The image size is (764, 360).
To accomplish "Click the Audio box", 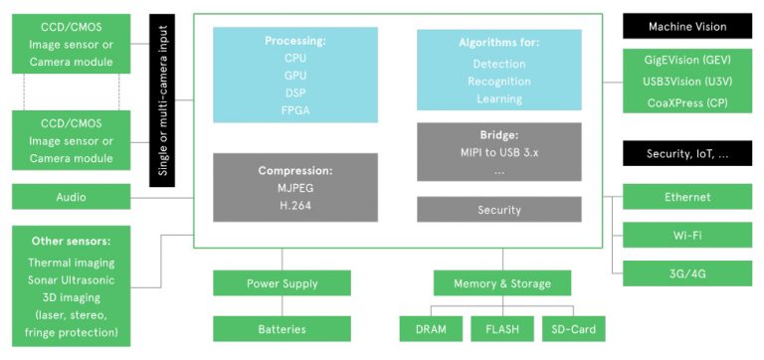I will pyautogui.click(x=71, y=197).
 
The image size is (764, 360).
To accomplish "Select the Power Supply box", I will pyautogui.click(x=282, y=283).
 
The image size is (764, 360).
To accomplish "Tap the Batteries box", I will pyautogui.click(x=282, y=329).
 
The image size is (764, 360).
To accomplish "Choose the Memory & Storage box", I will pyautogui.click(x=502, y=283).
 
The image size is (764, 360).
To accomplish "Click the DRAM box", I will pyautogui.click(x=431, y=329).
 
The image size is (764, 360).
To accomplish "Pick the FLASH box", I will pyautogui.click(x=502, y=329).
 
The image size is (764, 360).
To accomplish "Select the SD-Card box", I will pyautogui.click(x=572, y=329).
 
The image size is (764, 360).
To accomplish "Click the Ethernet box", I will pyautogui.click(x=687, y=197).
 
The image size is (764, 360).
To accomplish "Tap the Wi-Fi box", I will pyautogui.click(x=687, y=235).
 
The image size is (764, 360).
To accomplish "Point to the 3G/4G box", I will pyautogui.click(x=687, y=271).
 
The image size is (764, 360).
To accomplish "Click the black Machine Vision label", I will pyautogui.click(x=687, y=27).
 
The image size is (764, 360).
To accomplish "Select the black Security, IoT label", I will pyautogui.click(x=687, y=153).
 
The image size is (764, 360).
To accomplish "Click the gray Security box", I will pyautogui.click(x=497, y=210).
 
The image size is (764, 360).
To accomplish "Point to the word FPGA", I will pyautogui.click(x=295, y=109).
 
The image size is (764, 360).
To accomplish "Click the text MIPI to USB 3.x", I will pyautogui.click(x=497, y=150).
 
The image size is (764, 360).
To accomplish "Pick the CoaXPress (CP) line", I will pyautogui.click(x=687, y=103).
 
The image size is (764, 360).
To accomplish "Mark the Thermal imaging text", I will pyautogui.click(x=71, y=263).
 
